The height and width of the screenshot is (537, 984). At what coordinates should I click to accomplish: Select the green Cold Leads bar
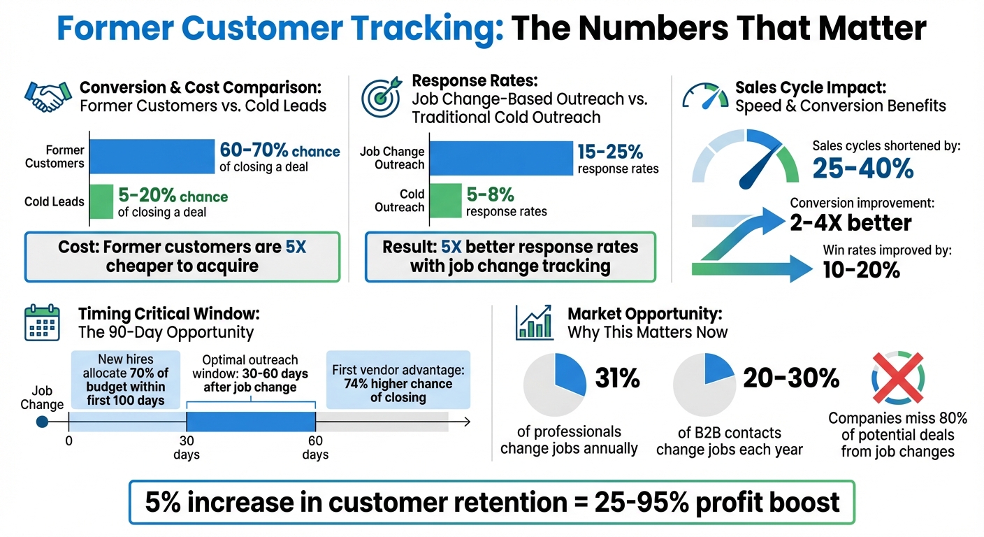(102, 201)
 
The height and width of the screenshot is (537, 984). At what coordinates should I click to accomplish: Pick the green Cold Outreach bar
(445, 200)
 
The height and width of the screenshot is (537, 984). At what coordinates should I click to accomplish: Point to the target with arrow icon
(381, 96)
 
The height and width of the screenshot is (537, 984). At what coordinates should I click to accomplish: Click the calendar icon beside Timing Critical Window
(41, 323)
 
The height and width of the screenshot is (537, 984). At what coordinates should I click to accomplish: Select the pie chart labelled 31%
(554, 385)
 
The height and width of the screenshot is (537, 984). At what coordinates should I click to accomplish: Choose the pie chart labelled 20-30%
(704, 385)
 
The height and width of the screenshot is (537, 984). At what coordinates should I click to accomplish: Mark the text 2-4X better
(851, 223)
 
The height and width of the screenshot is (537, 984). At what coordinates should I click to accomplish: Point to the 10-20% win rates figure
(861, 270)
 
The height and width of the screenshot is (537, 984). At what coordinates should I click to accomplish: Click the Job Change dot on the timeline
(42, 422)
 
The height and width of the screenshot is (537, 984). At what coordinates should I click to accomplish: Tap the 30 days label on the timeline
(187, 447)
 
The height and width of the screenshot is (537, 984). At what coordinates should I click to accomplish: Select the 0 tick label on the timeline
(68, 441)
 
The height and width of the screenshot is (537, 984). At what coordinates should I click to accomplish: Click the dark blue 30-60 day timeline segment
(251, 422)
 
